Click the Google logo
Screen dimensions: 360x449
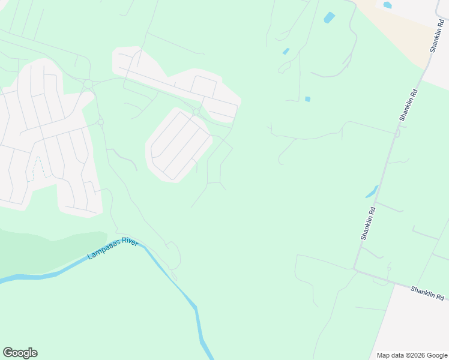(x=20, y=353)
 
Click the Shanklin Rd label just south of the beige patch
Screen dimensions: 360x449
(x=408, y=105)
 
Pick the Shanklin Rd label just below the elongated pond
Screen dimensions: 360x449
(x=369, y=223)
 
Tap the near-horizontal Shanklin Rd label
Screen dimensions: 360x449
(x=427, y=293)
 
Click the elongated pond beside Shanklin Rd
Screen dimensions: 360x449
(x=372, y=192)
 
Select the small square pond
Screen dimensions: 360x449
(x=308, y=99)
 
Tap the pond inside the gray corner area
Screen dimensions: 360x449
(x=387, y=5)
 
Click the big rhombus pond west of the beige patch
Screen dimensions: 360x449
(x=329, y=17)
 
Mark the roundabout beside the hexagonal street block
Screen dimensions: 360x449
(x=196, y=112)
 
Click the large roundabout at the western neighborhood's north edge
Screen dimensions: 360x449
(x=88, y=83)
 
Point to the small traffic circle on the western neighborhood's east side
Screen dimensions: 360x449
(x=100, y=122)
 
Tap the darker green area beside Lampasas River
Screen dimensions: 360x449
(x=42, y=252)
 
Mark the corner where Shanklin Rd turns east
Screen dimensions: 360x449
(x=356, y=269)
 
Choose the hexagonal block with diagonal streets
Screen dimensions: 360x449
(x=179, y=144)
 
